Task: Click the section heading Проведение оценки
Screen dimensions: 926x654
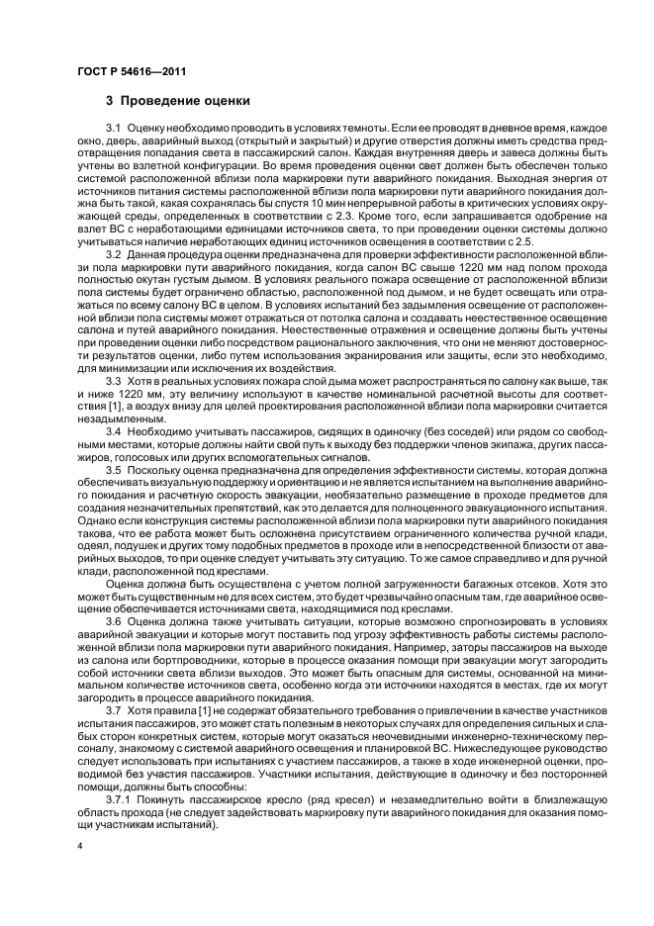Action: [178, 101]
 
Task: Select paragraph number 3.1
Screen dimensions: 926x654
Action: [113, 130]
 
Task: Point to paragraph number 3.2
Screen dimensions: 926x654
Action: [113, 254]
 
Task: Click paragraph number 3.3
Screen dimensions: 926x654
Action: [113, 379]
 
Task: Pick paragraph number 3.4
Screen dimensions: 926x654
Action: [113, 431]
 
